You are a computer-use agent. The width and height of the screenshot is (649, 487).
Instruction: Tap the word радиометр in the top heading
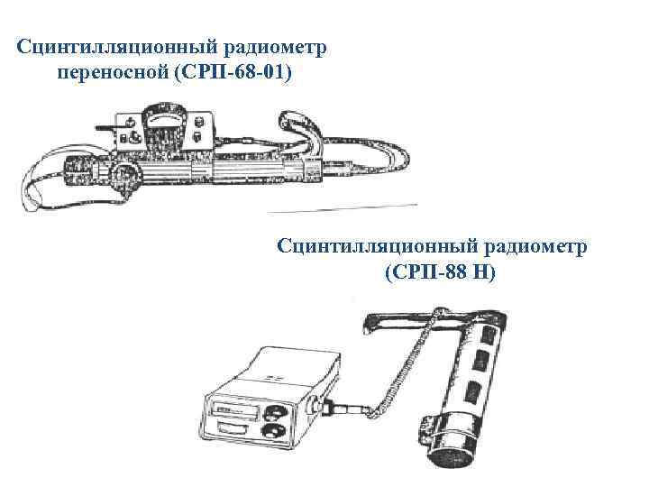(x=263, y=45)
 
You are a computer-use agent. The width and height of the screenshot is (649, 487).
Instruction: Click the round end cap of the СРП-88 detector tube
(x=446, y=451)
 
